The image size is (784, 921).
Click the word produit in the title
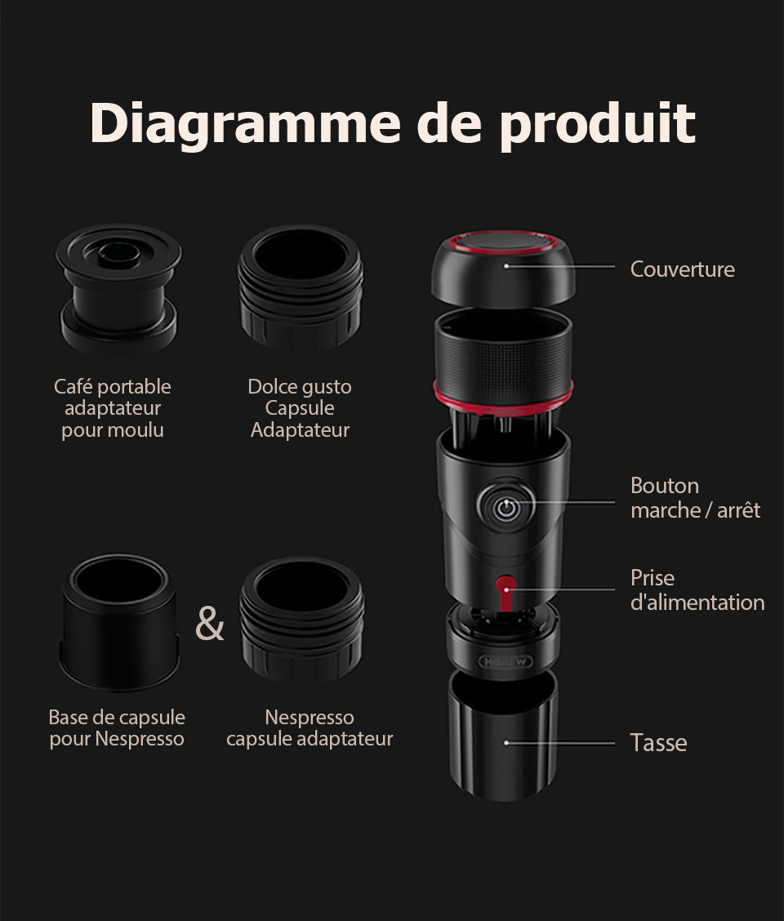pos(597,124)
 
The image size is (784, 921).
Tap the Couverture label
pos(682,269)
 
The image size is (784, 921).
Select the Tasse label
pos(658,743)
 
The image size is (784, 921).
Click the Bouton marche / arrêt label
pos(694,498)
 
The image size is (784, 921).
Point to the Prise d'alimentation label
pos(697,590)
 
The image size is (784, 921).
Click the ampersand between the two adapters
pos(210,625)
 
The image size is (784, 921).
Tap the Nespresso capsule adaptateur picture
pos(301,621)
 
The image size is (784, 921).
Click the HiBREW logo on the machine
pos(503,660)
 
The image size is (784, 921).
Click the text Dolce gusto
pos(300,387)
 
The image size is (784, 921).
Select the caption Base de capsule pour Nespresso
pos(117,728)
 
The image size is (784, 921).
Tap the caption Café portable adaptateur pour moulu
pos(113,408)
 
